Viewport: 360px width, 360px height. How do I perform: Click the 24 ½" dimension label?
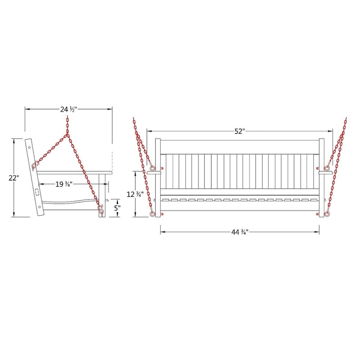pyautogui.click(x=68, y=109)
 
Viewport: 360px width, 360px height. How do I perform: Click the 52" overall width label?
pyautogui.click(x=239, y=131)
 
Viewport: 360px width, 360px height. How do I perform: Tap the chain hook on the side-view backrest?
pyautogui.click(x=34, y=166)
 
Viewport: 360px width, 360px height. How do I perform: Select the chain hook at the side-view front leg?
pyautogui.click(x=101, y=210)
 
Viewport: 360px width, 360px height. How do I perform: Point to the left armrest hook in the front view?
pyautogui.click(x=153, y=169)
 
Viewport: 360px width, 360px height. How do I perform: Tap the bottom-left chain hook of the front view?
pyautogui.click(x=153, y=214)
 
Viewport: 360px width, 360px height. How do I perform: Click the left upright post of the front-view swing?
pyautogui.click(x=158, y=175)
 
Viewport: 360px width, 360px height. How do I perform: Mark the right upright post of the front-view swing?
pyautogui.click(x=321, y=175)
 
